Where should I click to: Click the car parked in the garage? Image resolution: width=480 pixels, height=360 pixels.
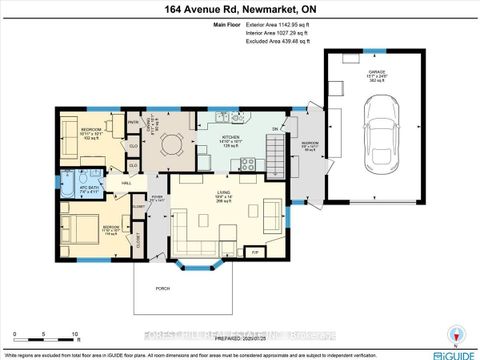tap(380, 138)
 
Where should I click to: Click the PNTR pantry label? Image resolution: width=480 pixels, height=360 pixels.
tap(131, 122)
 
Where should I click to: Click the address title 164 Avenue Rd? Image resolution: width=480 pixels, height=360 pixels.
tap(239, 11)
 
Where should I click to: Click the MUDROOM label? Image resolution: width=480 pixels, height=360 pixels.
tap(310, 143)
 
